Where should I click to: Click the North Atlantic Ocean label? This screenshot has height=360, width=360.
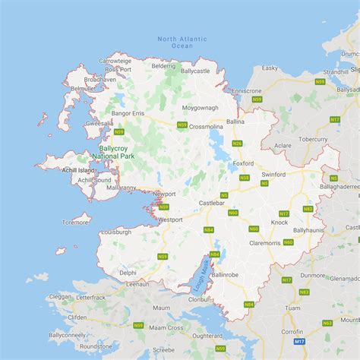click(175, 43)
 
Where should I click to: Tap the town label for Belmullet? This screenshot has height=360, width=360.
click(84, 88)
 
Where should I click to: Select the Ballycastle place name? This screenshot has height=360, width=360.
click(195, 71)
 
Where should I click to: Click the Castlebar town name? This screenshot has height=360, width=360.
click(213, 204)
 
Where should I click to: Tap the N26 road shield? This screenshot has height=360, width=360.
click(237, 143)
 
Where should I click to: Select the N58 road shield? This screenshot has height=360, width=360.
click(244, 178)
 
